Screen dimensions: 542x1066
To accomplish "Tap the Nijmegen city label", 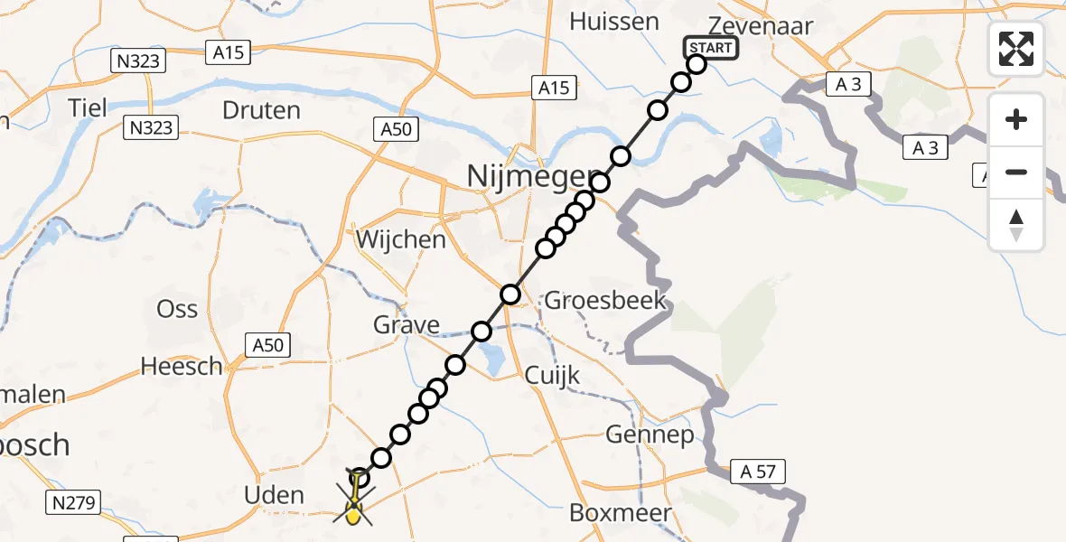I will tap(533, 176).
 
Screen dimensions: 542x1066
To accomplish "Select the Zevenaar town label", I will tap(749, 25).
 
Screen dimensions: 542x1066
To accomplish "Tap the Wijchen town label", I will tap(401, 240).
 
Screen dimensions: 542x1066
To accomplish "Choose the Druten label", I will tap(261, 111).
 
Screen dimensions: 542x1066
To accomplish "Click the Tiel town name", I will tap(88, 108).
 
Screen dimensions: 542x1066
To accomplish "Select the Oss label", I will tap(177, 309).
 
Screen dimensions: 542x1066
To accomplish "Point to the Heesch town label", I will tap(182, 367).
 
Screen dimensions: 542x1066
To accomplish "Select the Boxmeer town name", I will tap(621, 513).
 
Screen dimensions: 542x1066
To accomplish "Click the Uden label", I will tap(275, 495).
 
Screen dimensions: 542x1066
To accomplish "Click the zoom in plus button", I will tap(1016, 119).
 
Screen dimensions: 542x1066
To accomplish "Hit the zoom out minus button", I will tap(1016, 172).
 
